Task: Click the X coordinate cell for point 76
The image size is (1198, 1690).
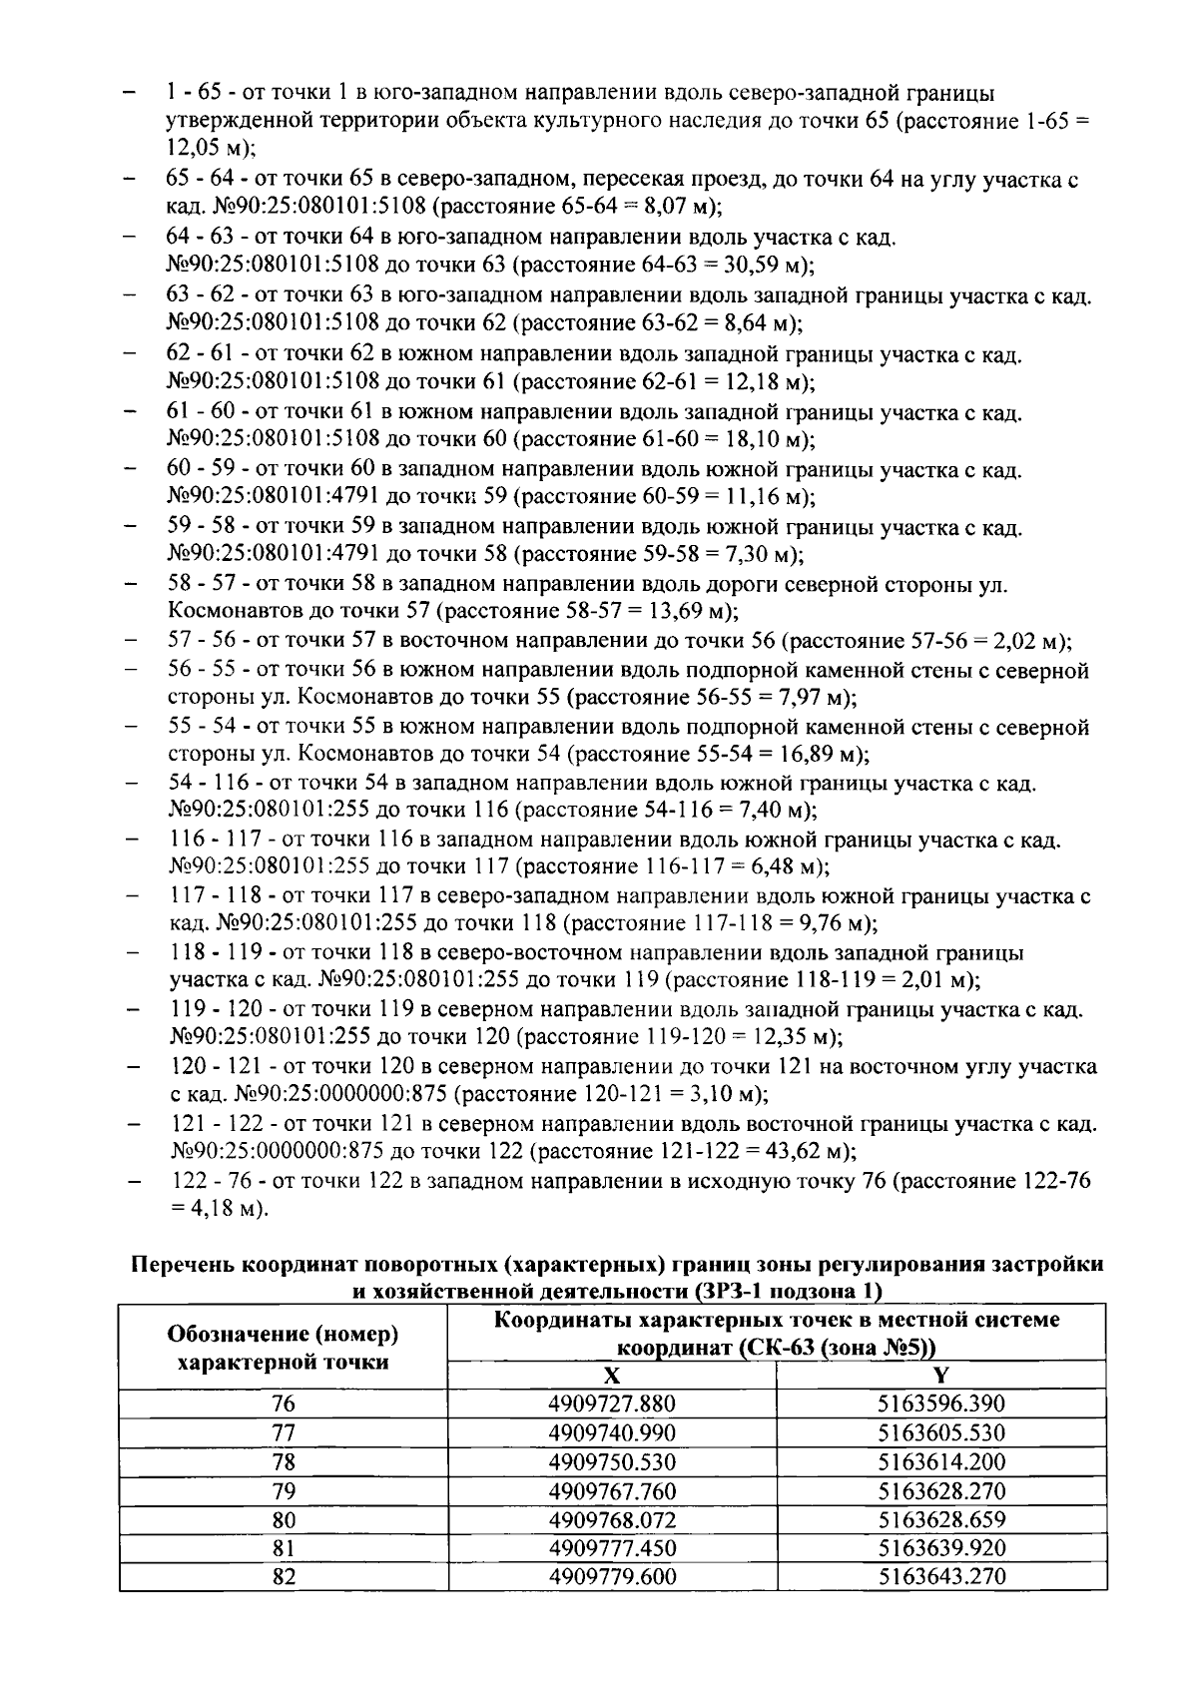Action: click(x=612, y=1405)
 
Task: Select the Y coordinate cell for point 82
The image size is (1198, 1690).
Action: click(x=940, y=1578)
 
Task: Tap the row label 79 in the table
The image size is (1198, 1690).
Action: click(x=284, y=1491)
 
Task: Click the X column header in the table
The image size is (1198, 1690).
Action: click(x=612, y=1376)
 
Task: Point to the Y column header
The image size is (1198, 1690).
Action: click(x=940, y=1376)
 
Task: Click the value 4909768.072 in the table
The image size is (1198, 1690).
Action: click(x=612, y=1520)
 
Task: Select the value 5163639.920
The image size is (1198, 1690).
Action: click(x=940, y=1549)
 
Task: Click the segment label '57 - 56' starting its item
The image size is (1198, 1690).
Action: click(x=202, y=640)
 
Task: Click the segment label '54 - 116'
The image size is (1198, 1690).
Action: click(x=209, y=784)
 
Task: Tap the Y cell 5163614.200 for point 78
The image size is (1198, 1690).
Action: click(x=940, y=1462)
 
